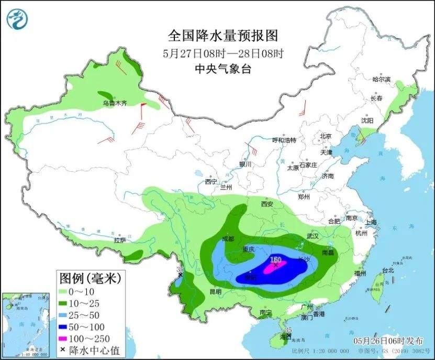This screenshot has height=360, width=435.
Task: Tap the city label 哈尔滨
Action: click(381, 80)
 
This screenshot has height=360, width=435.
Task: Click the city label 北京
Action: click(326, 136)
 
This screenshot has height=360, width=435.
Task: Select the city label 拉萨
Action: click(120, 241)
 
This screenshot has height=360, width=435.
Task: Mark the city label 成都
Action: click(228, 238)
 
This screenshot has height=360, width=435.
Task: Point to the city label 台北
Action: click(387, 271)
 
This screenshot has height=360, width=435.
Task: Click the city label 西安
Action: click(267, 203)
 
